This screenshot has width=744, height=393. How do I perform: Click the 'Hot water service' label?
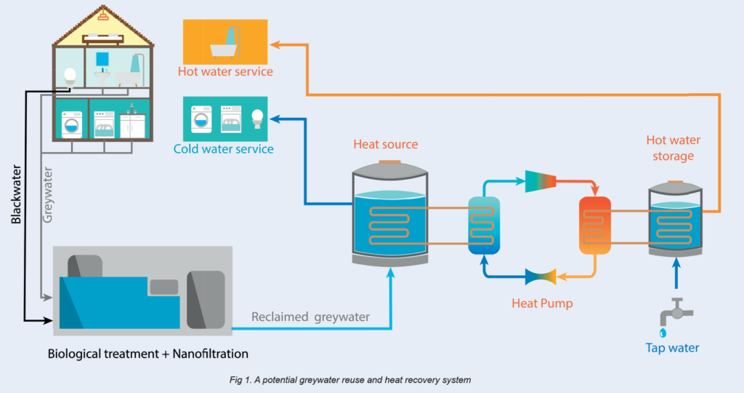click(x=225, y=71)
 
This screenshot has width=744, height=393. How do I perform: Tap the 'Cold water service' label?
click(x=224, y=149)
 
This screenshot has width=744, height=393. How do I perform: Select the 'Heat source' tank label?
click(x=386, y=144)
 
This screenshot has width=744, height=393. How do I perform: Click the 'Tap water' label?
click(x=673, y=348)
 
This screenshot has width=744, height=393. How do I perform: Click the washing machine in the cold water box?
click(x=201, y=120)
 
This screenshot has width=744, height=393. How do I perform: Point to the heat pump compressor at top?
click(x=541, y=181)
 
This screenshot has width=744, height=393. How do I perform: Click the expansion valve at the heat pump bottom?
click(x=541, y=276)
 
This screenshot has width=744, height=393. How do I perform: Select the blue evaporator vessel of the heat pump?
click(x=484, y=225)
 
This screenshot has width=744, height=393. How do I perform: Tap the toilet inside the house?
click(x=70, y=76)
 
